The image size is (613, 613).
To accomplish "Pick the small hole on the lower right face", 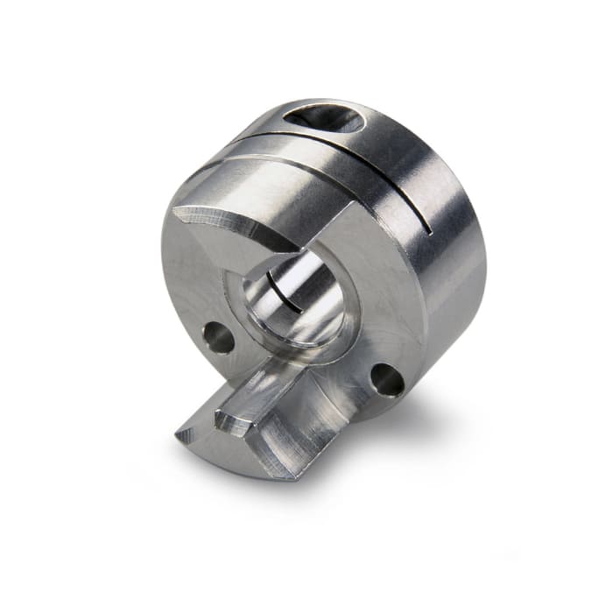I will click(387, 378).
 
